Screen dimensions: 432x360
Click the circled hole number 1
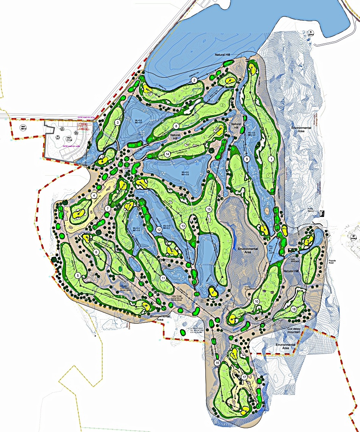[271, 159]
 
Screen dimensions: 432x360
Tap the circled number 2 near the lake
[194, 80]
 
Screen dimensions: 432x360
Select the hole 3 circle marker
[118, 122]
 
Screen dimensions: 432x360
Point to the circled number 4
[94, 195]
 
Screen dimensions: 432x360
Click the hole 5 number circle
[78, 275]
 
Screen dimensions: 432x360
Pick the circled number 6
[96, 252]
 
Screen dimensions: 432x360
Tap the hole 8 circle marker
[176, 126]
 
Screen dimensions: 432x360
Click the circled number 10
[257, 301]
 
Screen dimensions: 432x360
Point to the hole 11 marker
[163, 278]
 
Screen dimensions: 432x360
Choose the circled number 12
[159, 229]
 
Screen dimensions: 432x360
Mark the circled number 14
[167, 154]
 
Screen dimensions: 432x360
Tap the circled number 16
[217, 363]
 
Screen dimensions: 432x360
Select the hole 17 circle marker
[244, 377]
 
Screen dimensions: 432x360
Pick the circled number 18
[294, 309]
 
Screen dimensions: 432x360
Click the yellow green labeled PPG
[284, 229]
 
